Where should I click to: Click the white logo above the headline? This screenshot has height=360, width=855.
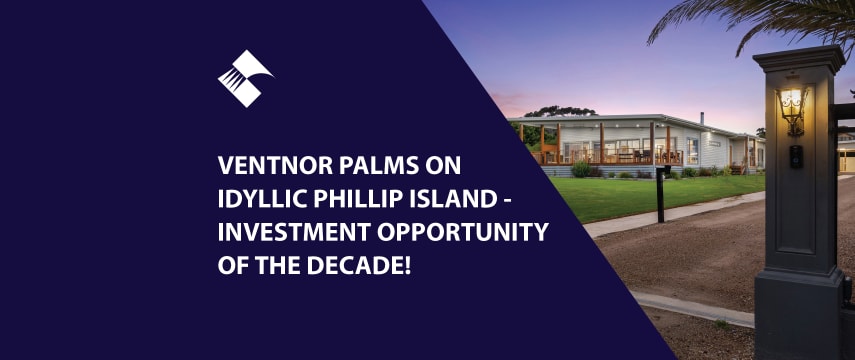(x=245, y=77)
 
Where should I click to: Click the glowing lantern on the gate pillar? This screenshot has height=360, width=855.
(x=792, y=107)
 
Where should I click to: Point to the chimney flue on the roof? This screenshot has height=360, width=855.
(x=699, y=119)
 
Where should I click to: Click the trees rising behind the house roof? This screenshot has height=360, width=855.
(x=560, y=111)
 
